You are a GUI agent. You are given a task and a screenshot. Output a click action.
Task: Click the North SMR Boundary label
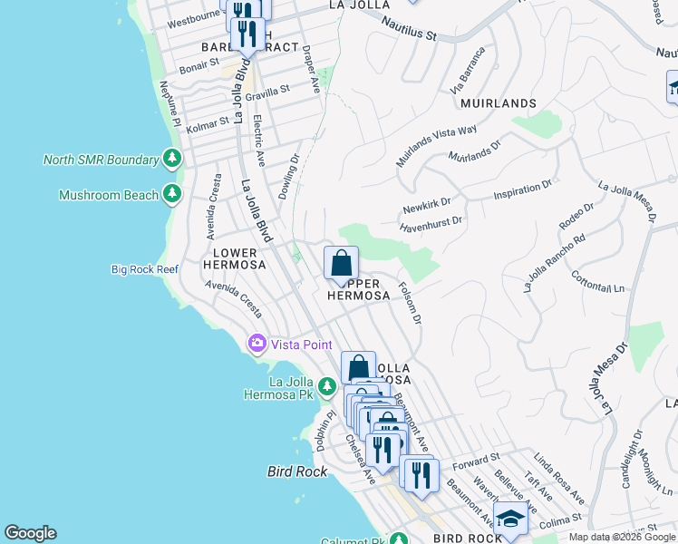click(x=101, y=160)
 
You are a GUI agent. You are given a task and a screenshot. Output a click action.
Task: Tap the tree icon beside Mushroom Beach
click(x=172, y=194)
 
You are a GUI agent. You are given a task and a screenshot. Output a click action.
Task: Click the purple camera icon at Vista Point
click(x=257, y=344)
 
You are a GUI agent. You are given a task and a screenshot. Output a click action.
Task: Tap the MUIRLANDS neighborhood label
click(x=498, y=103)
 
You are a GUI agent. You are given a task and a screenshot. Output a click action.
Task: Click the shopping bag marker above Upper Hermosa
click(x=341, y=264)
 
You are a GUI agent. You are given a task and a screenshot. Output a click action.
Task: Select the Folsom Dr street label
click(x=411, y=303)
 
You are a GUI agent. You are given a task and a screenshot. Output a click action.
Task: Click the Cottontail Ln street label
click(x=600, y=286)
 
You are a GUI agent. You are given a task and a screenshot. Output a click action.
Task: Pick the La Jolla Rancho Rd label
click(x=554, y=263)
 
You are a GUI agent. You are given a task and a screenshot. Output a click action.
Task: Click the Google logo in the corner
click(x=30, y=533)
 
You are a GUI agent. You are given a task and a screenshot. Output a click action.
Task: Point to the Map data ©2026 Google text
click(x=622, y=537)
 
